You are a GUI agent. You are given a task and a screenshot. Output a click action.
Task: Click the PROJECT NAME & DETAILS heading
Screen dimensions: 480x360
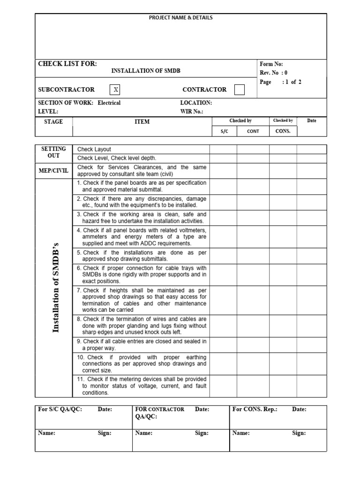click(180, 18)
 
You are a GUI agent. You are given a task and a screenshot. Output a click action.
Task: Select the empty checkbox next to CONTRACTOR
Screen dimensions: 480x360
click(239, 90)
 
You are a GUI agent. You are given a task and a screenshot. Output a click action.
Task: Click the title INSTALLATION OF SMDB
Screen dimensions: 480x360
click(145, 71)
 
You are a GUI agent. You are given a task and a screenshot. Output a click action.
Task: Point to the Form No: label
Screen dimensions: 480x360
click(271, 64)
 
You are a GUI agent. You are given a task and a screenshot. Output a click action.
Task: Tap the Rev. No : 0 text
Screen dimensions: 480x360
click(273, 73)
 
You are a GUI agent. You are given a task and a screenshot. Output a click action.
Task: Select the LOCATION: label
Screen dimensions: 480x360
click(196, 103)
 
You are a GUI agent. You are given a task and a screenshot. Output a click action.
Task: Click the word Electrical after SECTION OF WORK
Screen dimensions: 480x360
click(109, 103)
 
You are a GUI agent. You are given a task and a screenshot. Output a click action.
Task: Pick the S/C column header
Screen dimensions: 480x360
click(224, 131)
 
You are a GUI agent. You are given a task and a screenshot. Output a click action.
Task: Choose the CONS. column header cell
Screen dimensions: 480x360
click(283, 131)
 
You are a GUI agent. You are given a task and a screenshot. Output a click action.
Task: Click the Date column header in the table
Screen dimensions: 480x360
click(312, 121)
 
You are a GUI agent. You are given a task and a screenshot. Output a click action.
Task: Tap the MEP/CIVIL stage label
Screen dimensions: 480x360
click(53, 171)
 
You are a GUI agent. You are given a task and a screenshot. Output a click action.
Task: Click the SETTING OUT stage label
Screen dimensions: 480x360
click(53, 152)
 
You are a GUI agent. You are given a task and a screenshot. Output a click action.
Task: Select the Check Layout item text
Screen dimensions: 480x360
click(94, 150)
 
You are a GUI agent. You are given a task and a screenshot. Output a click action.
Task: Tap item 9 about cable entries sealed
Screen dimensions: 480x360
click(142, 345)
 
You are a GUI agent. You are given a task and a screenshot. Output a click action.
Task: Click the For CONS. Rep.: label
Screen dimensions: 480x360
click(255, 409)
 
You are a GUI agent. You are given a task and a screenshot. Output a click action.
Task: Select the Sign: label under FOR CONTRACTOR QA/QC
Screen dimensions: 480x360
click(202, 433)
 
